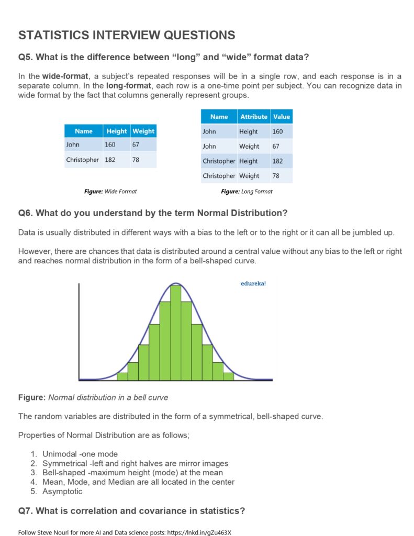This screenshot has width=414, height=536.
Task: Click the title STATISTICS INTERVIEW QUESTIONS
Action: tap(127, 35)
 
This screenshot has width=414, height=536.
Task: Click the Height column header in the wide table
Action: tap(116, 131)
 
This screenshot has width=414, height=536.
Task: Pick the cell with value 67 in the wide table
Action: tap(136, 144)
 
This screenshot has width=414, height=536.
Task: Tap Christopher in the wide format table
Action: tap(82, 160)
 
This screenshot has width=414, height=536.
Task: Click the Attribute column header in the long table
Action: tap(253, 117)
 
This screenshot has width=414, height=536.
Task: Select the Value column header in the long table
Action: tap(281, 117)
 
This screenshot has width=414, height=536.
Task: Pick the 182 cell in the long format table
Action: tap(277, 161)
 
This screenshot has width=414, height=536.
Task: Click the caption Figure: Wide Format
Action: tap(110, 192)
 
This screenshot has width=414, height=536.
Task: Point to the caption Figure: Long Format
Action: tap(247, 192)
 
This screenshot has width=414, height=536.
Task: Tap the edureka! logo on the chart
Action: tap(253, 284)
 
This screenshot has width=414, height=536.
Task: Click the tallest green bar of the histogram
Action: tap(176, 333)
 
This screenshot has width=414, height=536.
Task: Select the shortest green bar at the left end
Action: tap(122, 376)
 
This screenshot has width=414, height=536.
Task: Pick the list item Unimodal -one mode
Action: tap(80, 454)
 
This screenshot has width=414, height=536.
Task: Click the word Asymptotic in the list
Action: tap(62, 492)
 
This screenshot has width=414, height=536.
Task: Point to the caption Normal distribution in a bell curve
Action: tap(108, 397)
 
